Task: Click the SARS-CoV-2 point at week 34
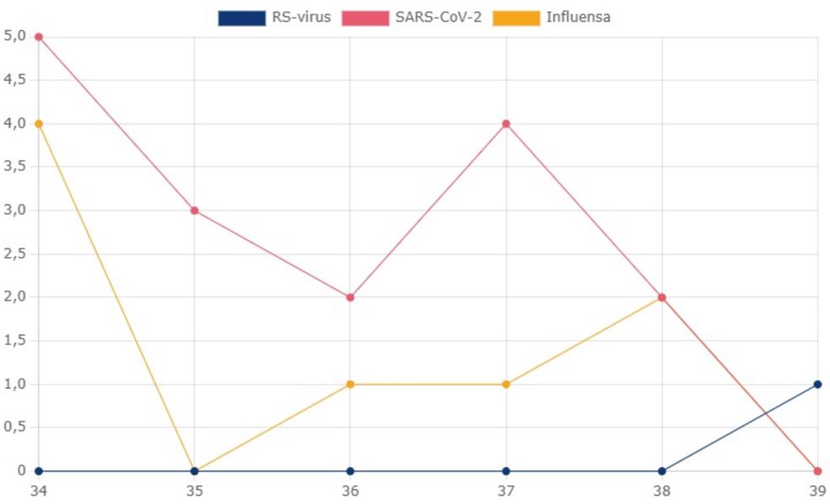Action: click(x=39, y=37)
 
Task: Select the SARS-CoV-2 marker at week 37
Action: click(x=506, y=123)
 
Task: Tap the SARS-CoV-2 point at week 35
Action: click(x=195, y=210)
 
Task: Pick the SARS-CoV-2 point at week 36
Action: click(x=350, y=297)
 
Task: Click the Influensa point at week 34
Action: click(x=39, y=123)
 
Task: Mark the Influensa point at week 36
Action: click(x=350, y=384)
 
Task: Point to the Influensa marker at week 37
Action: click(x=506, y=384)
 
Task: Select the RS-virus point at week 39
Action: click(x=817, y=384)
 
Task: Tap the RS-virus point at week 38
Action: click(x=662, y=471)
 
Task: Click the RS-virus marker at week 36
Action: click(x=350, y=471)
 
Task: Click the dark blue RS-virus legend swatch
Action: click(x=241, y=18)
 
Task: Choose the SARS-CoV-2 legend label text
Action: click(x=438, y=18)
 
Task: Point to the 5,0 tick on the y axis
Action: click(x=14, y=36)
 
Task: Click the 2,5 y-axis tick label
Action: click(x=14, y=254)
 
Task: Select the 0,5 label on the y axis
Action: click(x=14, y=428)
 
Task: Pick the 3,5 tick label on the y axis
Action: click(x=14, y=166)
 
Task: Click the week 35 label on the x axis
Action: click(x=195, y=490)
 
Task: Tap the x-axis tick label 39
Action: click(x=816, y=490)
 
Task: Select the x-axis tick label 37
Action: click(x=506, y=490)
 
